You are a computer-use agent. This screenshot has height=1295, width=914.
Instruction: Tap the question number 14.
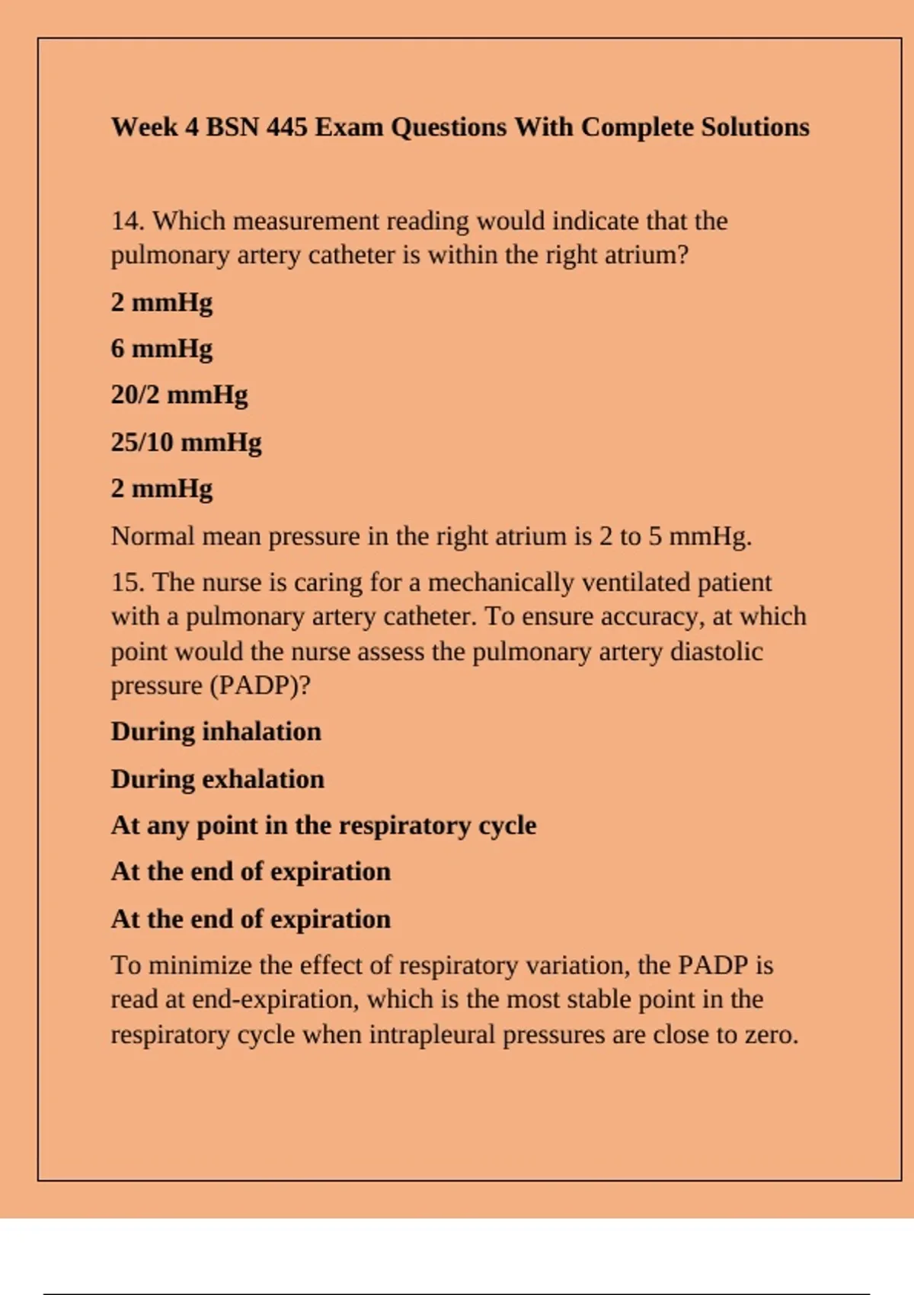pos(127,221)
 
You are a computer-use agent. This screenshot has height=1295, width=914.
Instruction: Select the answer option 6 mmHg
pos(161,348)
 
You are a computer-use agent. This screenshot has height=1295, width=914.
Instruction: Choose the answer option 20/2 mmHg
pos(179,395)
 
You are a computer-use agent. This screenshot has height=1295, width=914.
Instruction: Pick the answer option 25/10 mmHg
pos(186,442)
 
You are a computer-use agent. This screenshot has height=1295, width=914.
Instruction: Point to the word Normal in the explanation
pos(153,536)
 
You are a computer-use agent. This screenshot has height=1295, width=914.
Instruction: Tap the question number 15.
pos(127,583)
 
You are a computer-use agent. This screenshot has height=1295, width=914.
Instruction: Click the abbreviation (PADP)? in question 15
pos(260,686)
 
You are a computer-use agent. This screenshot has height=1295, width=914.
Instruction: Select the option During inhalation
pos(216,732)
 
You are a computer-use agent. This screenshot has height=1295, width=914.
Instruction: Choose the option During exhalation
pos(217,779)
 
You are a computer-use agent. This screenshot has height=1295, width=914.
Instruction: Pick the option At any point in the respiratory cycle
pos(323,826)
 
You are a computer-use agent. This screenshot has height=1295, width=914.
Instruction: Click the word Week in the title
pos(144,126)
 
